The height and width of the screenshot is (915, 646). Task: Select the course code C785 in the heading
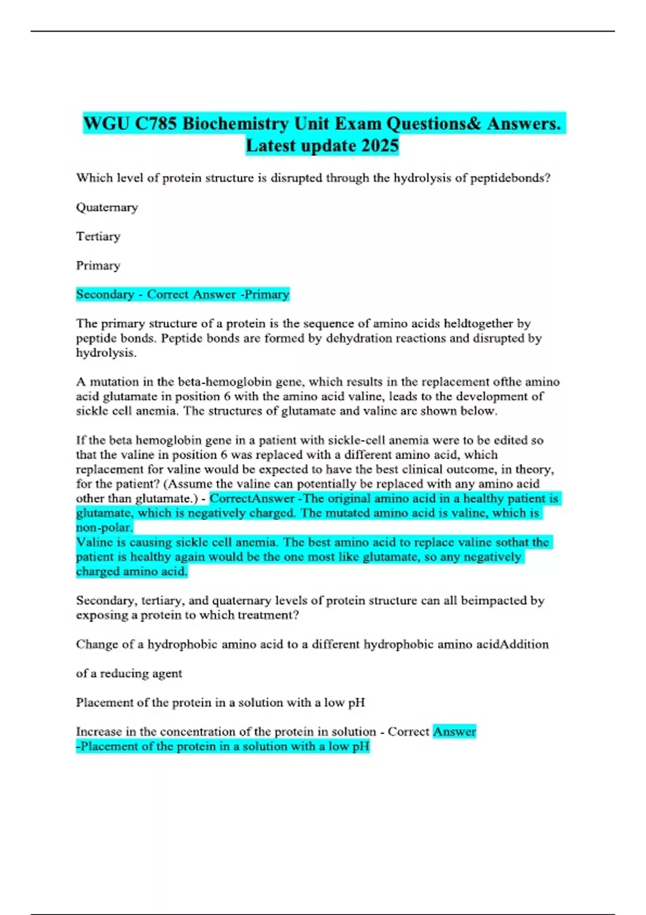pyautogui.click(x=156, y=124)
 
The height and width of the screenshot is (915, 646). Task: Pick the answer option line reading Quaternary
pyautogui.click(x=107, y=207)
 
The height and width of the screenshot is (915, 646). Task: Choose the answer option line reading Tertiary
pyautogui.click(x=98, y=236)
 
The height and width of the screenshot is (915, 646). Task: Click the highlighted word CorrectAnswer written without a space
pyautogui.click(x=251, y=498)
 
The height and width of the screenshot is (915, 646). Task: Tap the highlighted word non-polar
pyautogui.click(x=104, y=527)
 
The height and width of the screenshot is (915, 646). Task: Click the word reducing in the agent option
pyautogui.click(x=124, y=673)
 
